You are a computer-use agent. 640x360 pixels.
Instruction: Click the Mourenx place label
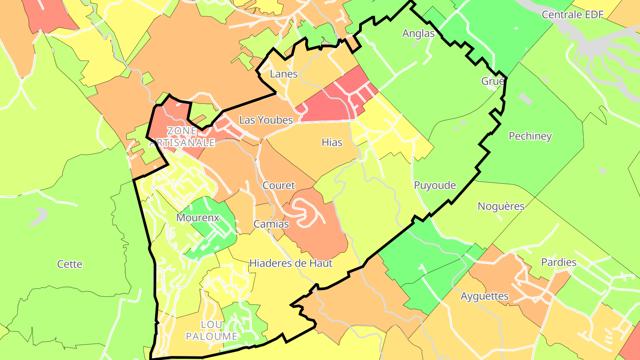click(x=198, y=218)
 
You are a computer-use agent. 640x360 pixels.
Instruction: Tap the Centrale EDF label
click(x=572, y=15)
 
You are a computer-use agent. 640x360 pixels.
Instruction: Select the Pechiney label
click(x=530, y=136)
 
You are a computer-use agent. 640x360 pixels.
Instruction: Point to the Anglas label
click(x=418, y=33)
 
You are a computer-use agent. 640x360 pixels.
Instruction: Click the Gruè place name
click(x=493, y=81)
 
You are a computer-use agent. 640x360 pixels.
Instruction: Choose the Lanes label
click(x=284, y=74)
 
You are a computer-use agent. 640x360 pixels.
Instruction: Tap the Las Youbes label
click(x=266, y=120)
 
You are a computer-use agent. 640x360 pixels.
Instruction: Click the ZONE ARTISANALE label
click(x=182, y=137)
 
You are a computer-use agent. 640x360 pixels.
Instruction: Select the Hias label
click(x=332, y=142)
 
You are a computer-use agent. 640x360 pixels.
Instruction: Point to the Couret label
click(x=279, y=185)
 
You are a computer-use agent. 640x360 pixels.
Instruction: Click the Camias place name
click(x=271, y=224)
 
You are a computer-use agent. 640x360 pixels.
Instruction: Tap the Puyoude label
click(x=435, y=185)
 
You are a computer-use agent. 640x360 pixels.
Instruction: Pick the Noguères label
click(x=501, y=206)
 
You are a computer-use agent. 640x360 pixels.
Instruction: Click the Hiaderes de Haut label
click(x=291, y=263)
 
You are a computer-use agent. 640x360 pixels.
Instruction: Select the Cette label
click(x=70, y=264)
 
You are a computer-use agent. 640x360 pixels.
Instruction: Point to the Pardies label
click(x=559, y=262)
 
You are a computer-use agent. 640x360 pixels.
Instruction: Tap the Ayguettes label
click(x=484, y=296)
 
